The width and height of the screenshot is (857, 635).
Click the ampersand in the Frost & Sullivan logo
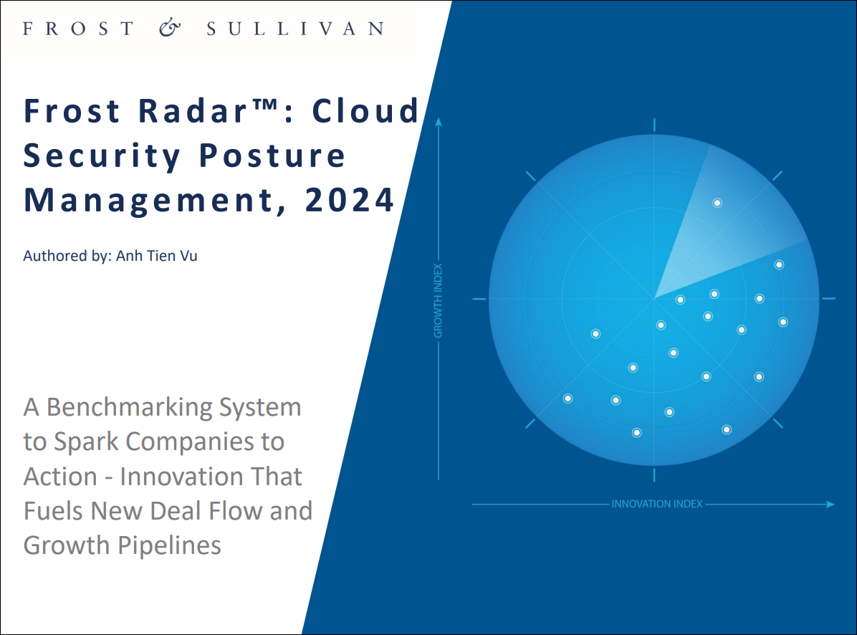pos(169,28)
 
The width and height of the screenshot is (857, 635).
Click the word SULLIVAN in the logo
pos(296,29)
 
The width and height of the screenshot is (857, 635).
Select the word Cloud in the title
pos(365,111)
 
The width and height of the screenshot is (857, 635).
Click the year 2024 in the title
pos(349,200)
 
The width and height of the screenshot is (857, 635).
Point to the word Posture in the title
pos(272,156)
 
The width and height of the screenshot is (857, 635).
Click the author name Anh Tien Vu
pos(156,256)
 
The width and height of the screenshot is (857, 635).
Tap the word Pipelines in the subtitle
pos(169,545)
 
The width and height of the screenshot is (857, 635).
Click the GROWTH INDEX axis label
pos(439,300)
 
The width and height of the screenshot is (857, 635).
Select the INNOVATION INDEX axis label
pos(656,504)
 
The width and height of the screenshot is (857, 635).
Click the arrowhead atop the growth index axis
pos(439,121)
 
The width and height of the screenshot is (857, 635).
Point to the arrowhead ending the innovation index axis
pos(830,504)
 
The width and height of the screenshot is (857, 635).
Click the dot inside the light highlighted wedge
pos(717,203)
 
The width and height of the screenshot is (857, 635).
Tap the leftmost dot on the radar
pos(568,398)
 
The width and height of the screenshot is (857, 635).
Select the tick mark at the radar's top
pos(654,125)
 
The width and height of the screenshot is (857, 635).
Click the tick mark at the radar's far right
pos(828,299)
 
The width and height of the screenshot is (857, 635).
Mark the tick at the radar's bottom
pos(654,474)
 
